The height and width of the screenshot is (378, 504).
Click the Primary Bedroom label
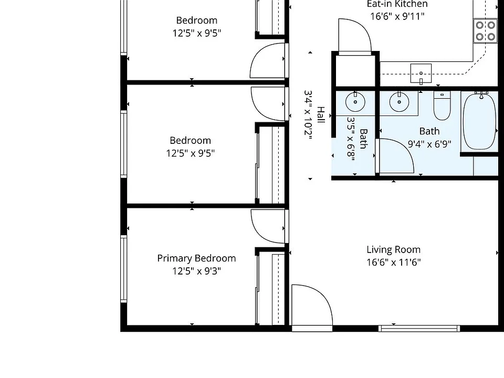(196, 258)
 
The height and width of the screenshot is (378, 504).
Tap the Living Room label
(393, 250)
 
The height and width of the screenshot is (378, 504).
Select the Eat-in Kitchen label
(397, 4)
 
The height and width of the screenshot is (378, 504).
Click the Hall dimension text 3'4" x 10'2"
(308, 115)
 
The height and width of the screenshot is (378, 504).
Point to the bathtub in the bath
(479, 121)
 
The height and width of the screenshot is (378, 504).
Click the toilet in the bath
(442, 106)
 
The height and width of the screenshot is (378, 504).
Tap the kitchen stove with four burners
(485, 31)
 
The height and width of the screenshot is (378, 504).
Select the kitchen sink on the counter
(421, 73)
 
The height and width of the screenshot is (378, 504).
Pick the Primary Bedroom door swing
(268, 226)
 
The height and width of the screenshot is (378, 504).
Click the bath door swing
(395, 156)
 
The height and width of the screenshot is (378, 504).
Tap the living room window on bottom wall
(419, 328)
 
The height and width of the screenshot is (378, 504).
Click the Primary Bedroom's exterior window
(123, 269)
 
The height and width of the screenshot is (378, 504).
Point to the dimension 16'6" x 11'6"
(393, 262)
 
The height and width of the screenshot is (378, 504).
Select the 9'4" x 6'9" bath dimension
(429, 144)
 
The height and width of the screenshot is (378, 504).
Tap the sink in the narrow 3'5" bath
(355, 102)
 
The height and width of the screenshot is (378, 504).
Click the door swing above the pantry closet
(355, 35)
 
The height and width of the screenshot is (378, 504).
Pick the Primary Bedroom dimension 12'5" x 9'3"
(196, 271)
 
